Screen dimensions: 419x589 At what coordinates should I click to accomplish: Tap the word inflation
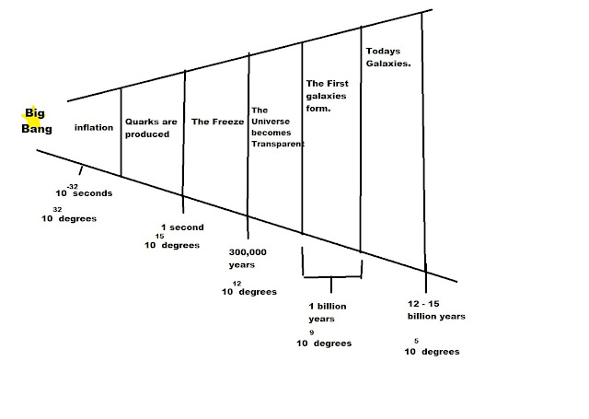click(94, 128)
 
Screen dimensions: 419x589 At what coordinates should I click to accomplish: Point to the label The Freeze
click(214, 121)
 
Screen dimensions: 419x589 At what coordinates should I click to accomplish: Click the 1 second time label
click(181, 227)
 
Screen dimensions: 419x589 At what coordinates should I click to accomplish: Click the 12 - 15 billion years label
click(436, 309)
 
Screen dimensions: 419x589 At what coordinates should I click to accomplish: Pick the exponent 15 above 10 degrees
click(160, 236)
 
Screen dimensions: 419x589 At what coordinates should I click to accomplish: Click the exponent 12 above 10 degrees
click(237, 283)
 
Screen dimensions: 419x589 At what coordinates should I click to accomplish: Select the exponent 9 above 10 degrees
click(312, 332)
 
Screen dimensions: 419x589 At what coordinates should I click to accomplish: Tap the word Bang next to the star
click(37, 130)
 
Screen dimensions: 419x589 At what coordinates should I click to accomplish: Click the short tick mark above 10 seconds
click(81, 169)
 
